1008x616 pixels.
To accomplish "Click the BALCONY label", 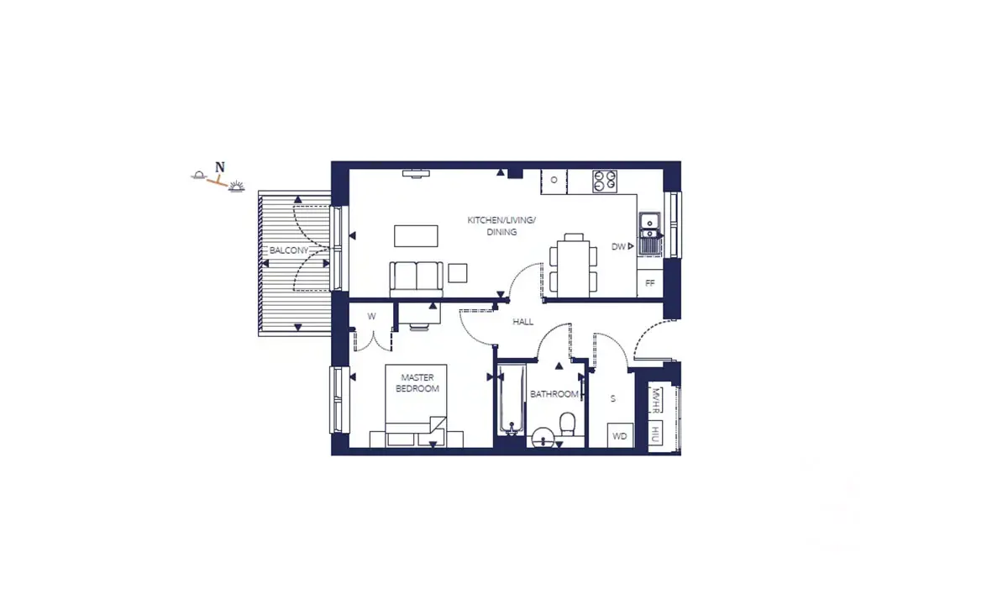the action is click(289, 250).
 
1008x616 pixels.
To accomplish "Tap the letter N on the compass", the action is click(219, 167).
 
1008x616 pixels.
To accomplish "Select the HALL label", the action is click(522, 322).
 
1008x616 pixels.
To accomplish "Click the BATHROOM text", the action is click(554, 394).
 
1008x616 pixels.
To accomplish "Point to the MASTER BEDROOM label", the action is click(417, 382).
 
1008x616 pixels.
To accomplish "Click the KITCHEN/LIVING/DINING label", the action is click(501, 226).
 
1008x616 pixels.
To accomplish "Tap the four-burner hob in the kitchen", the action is click(604, 182).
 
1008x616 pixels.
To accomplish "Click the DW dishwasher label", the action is click(618, 247).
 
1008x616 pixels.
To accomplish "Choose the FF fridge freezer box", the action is click(650, 283).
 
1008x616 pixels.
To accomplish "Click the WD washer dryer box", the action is click(620, 435).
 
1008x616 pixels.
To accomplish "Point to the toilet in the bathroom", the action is click(568, 424).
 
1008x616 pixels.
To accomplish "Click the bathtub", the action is click(512, 399).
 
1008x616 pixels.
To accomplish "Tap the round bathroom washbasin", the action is click(543, 437).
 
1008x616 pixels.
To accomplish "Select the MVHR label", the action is click(655, 400).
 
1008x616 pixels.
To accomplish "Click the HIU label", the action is click(654, 433).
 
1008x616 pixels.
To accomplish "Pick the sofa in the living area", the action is click(417, 279).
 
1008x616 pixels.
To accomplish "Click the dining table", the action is click(573, 269).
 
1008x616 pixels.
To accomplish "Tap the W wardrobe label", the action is click(371, 316).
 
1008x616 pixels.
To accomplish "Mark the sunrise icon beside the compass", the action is click(236, 187).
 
